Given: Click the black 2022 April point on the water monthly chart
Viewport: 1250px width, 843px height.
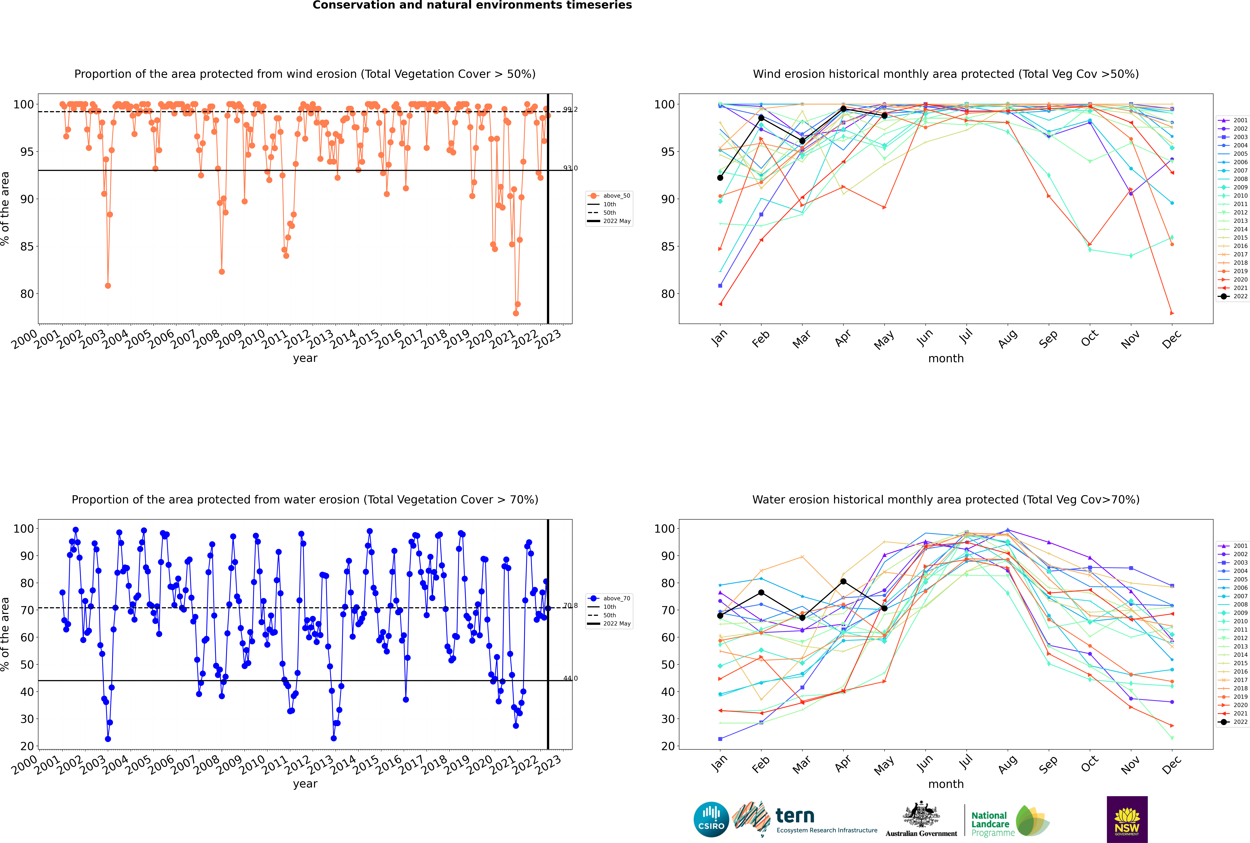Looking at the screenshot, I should [x=843, y=582].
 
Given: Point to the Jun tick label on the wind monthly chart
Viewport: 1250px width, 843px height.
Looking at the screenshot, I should [x=924, y=338].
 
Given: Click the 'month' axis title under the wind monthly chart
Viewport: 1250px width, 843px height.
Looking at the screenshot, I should [x=946, y=359].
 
